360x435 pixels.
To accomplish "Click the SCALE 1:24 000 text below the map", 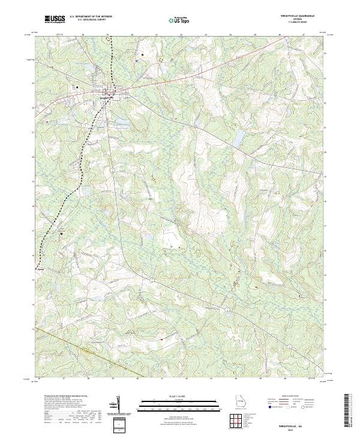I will [178, 397].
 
